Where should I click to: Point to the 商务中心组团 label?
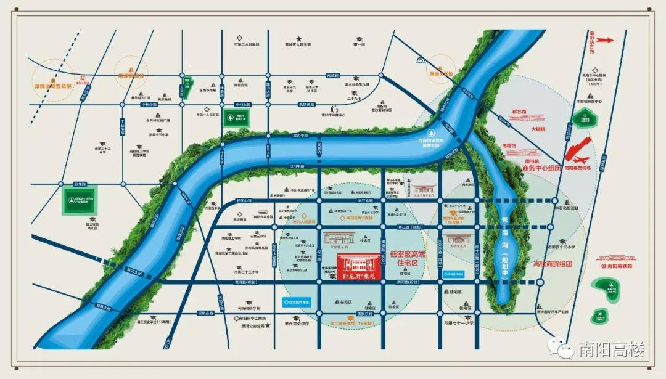click(541, 167)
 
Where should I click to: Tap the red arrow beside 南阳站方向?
click(605, 40)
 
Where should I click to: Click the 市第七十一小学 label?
click(458, 323)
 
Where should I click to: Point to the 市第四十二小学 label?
click(561, 247)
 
